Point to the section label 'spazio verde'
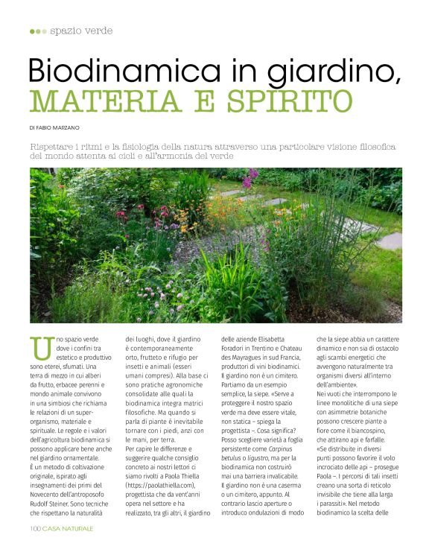coord(82,31)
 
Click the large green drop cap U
coord(42,347)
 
